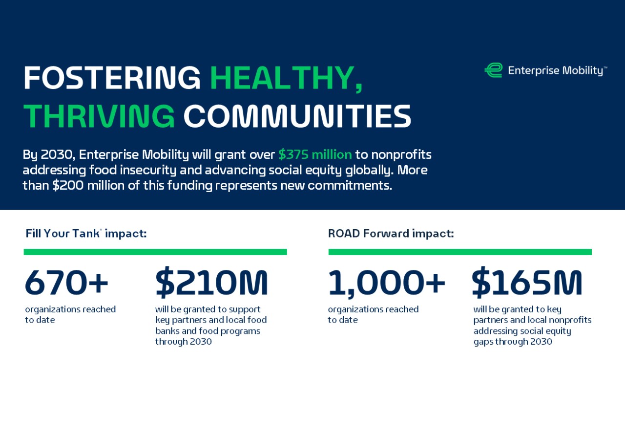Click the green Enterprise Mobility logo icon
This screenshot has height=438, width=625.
[x=493, y=70]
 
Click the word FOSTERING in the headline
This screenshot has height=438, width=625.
[x=112, y=78]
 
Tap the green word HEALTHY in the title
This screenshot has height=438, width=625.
[x=286, y=78]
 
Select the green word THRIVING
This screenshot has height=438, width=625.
[x=99, y=116]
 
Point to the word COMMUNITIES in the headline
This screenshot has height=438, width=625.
[x=297, y=116]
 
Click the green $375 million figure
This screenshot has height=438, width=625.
[x=315, y=155]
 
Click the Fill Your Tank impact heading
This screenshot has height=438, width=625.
[x=86, y=234]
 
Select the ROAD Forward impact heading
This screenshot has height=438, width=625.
[x=391, y=234]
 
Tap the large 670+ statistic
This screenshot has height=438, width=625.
[x=66, y=283]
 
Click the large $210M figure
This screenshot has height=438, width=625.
[x=211, y=283]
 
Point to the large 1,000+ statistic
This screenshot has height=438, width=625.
[x=386, y=283]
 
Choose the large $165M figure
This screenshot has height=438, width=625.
[x=527, y=283]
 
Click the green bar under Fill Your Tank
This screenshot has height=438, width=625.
[x=155, y=252]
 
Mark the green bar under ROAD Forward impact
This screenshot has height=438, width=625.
[x=460, y=252]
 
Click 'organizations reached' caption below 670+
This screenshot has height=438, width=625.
[x=70, y=309]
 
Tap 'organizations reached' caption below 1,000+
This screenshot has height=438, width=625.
[x=373, y=309]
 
